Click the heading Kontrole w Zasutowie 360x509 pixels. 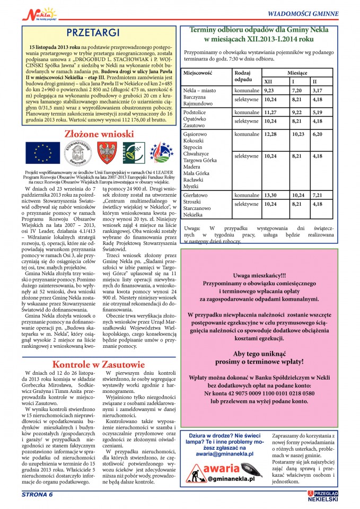coord(98,365)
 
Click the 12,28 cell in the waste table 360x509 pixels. coord(271,134)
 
